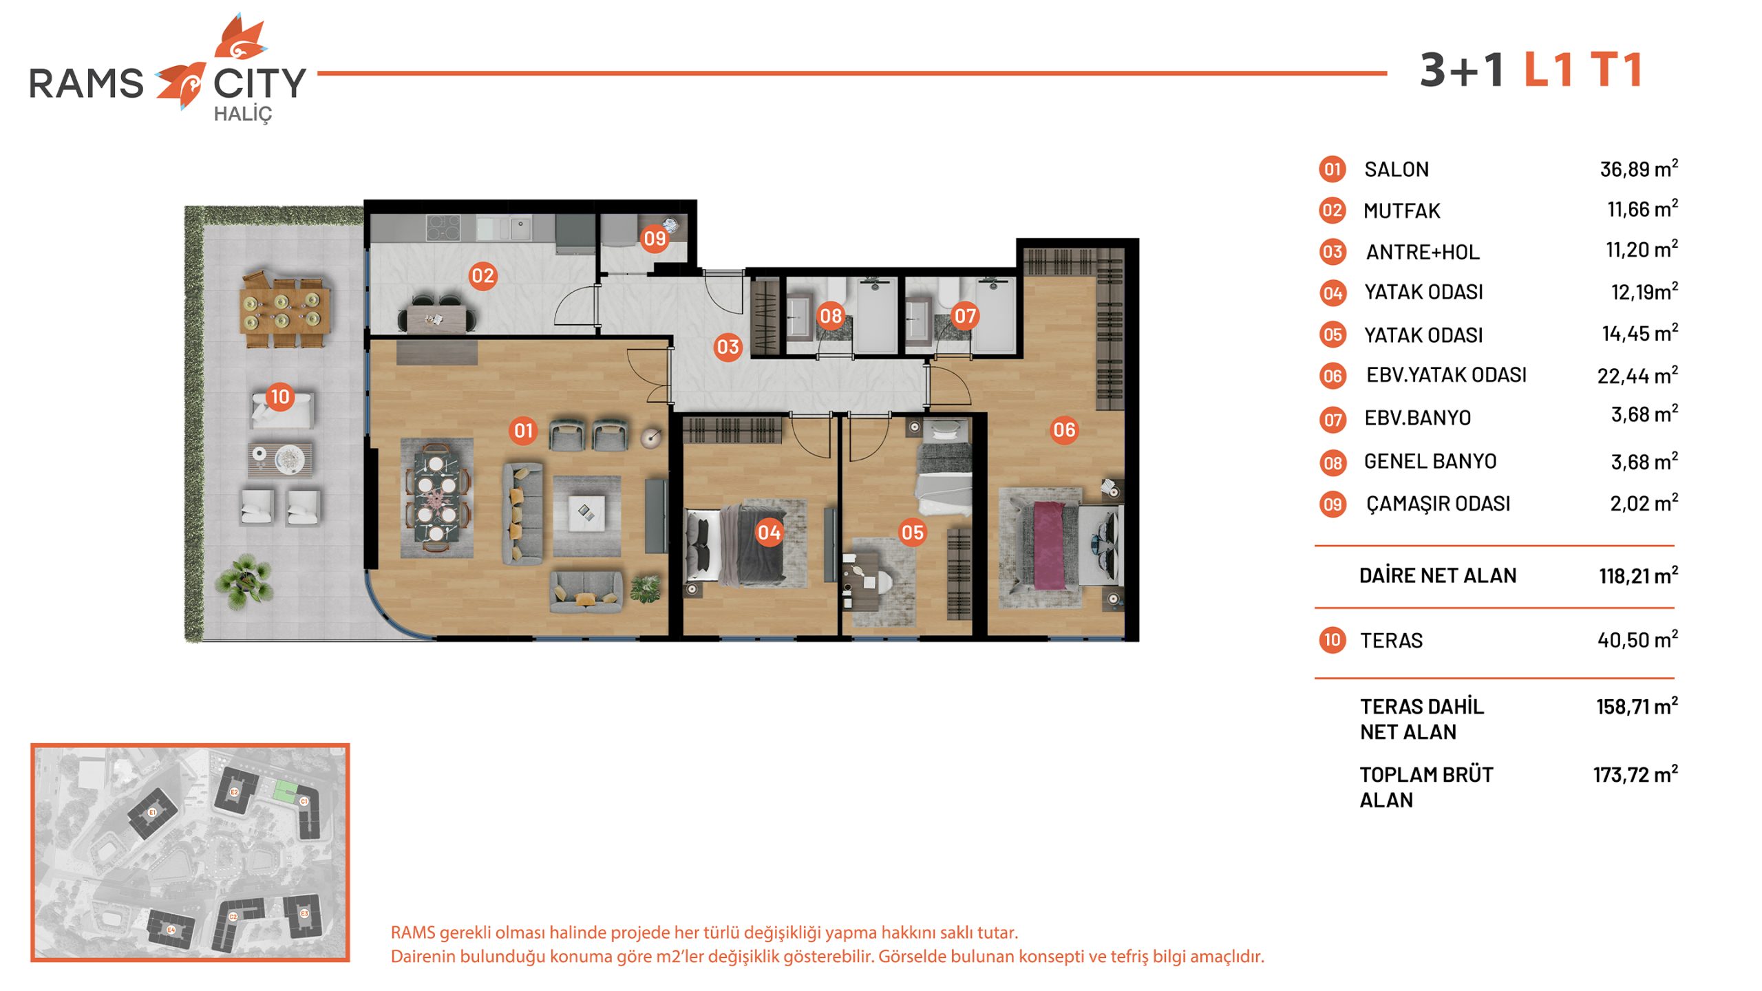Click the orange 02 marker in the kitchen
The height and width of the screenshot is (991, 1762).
pos(482,276)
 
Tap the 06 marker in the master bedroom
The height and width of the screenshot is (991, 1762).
pos(1063,430)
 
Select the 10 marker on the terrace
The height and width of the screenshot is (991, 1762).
pos(279,396)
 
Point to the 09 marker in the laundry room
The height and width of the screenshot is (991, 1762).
pos(655,239)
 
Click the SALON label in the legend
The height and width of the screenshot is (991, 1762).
pos(1397,169)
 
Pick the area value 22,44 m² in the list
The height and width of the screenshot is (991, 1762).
pos(1637,375)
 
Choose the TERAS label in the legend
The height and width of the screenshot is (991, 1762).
pos(1391,641)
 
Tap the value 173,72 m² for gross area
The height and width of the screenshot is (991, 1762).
pos(1635,774)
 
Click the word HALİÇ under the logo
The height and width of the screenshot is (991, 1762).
pos(243,114)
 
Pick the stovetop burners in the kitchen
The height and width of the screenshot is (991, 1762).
pos(443,228)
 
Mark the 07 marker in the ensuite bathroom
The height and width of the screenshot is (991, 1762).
pos(964,316)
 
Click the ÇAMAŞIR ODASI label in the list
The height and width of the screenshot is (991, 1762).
pos(1438,504)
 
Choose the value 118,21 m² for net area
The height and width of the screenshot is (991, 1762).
pos(1638,575)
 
